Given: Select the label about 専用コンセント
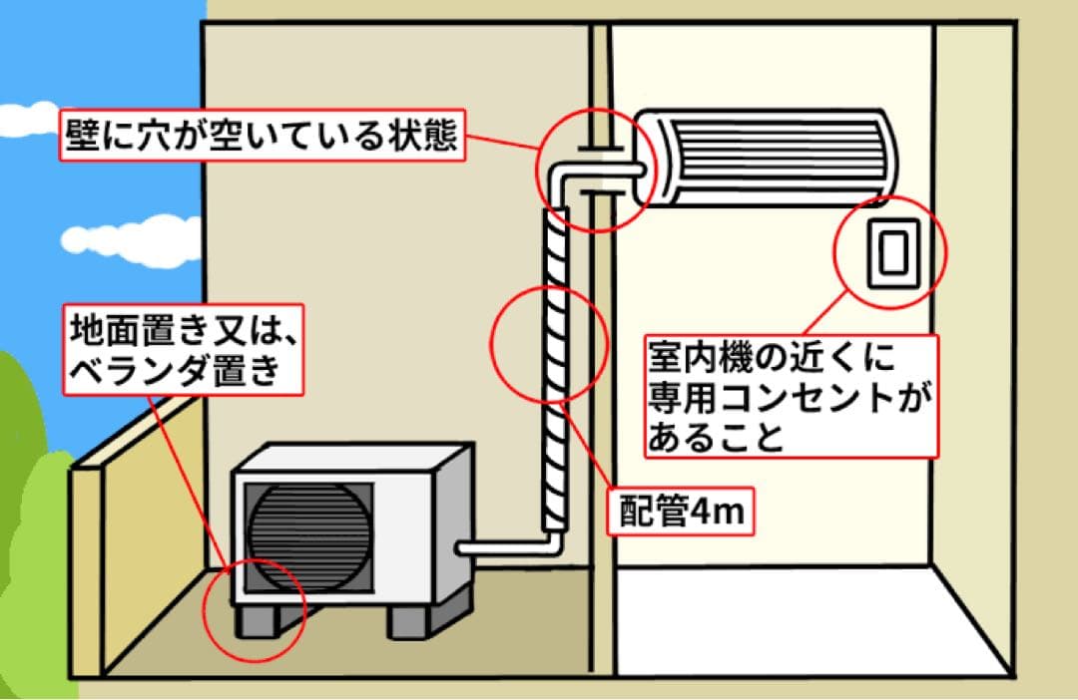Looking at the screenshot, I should pyautogui.click(x=792, y=396).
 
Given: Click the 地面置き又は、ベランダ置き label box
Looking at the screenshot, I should pyautogui.click(x=186, y=349).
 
